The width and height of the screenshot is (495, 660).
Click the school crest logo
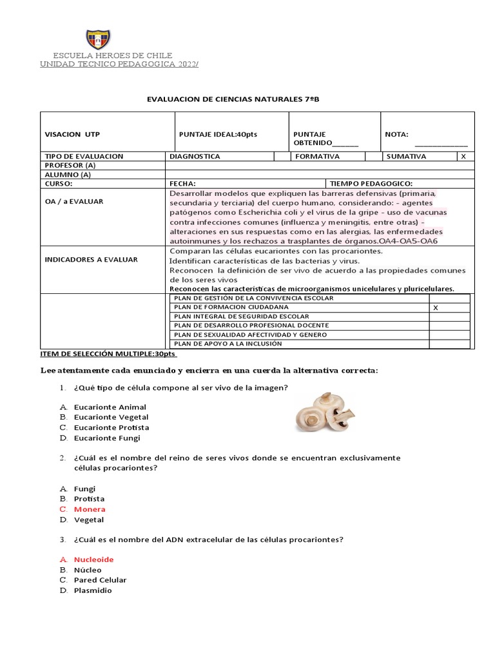(97, 39)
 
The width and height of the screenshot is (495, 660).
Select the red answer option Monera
(89, 509)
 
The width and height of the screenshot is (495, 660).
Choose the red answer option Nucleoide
(93, 559)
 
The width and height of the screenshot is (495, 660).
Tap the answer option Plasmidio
(92, 590)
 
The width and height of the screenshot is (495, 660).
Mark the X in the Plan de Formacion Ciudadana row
(436, 307)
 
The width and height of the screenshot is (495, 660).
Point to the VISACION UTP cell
(72, 134)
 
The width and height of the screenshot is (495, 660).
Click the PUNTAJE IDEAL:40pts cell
(218, 134)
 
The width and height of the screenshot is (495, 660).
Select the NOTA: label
(396, 134)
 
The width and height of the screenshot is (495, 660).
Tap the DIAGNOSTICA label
(195, 157)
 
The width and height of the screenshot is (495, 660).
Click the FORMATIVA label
(318, 157)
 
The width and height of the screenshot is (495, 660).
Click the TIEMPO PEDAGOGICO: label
(371, 183)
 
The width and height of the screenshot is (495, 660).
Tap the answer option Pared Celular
(100, 579)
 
